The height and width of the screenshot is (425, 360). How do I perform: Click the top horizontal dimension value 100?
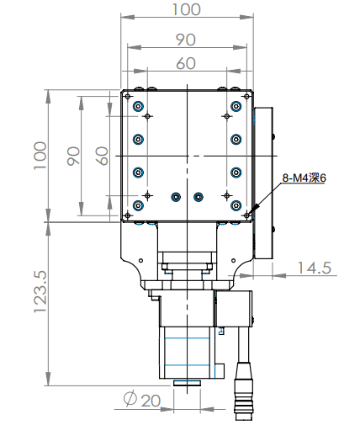pos(186,9)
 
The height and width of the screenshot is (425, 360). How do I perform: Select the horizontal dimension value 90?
pos(186,39)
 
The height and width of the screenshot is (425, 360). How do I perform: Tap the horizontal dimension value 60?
pos(186,62)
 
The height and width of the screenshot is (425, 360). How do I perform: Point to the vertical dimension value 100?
pos(39,156)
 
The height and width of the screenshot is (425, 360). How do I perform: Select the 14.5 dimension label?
pos(313,268)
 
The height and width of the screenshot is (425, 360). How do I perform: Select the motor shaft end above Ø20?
pos(187,383)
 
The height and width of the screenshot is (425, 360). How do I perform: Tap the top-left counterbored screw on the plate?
pos(139,107)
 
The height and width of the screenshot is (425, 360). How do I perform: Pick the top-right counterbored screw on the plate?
pos(236,107)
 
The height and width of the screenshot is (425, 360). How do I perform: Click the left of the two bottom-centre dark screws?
pos(175,197)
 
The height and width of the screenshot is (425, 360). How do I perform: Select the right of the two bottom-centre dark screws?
pos(198,197)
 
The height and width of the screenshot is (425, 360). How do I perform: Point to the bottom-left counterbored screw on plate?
pos(139,205)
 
